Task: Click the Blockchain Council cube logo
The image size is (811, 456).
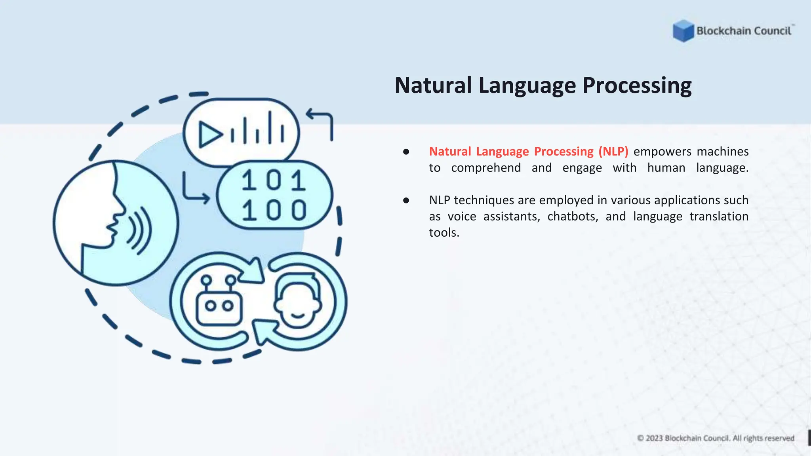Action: coord(683,30)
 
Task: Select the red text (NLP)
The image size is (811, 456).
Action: coord(613,152)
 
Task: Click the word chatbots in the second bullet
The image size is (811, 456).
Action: coord(572,217)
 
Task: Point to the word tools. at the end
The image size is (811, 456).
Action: coord(444,233)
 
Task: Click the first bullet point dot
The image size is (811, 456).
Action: coord(406,152)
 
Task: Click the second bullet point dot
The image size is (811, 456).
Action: coord(406,201)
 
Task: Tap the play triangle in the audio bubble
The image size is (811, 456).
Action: coord(209,135)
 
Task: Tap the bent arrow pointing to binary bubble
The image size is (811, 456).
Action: coord(194,190)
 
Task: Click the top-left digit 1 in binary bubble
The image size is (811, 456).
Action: coord(249,180)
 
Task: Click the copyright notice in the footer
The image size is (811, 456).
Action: coord(716,438)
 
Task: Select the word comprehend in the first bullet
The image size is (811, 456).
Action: coord(486,168)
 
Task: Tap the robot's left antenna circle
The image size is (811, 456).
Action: coord(206,281)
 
